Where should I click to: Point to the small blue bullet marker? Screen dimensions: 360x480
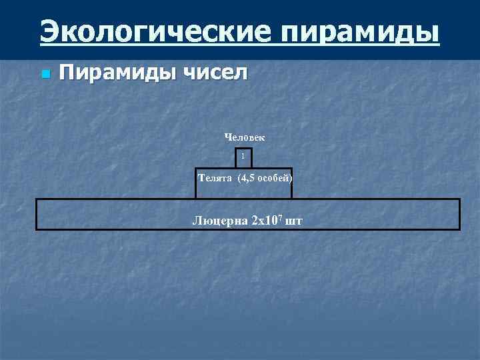(x=44, y=73)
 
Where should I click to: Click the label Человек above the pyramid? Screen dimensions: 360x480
(x=245, y=137)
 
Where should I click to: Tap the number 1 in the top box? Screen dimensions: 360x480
(x=243, y=157)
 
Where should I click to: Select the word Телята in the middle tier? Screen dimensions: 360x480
(x=215, y=178)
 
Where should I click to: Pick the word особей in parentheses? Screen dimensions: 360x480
(x=277, y=178)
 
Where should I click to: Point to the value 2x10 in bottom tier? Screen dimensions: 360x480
(x=264, y=220)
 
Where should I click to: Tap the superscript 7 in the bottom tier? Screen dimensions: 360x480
(x=280, y=217)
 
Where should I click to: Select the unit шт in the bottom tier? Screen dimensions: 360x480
(x=293, y=220)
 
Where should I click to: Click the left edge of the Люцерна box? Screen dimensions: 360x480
(x=37, y=214)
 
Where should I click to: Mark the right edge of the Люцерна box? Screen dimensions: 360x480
(x=459, y=214)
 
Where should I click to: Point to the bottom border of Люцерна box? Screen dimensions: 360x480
(x=247, y=229)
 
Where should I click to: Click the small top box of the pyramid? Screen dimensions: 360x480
(x=243, y=157)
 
